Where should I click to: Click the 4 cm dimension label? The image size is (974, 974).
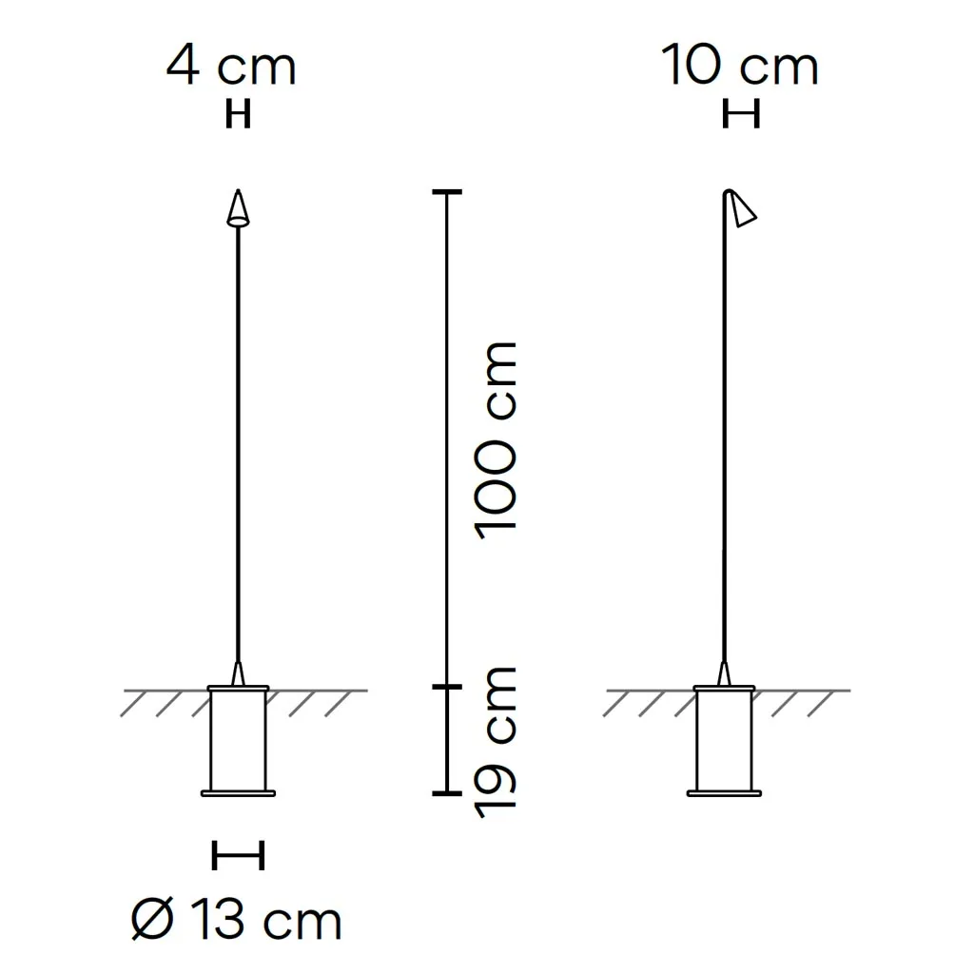click(231, 66)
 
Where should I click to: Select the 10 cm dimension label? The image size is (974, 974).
click(739, 66)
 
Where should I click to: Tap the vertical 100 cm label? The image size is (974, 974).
click(495, 440)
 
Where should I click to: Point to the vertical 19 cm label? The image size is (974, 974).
click(495, 742)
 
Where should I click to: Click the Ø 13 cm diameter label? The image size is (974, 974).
click(237, 920)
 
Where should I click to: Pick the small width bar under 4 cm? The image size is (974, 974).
click(238, 115)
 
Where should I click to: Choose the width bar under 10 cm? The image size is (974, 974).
click(741, 115)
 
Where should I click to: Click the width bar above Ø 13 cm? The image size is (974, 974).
click(239, 855)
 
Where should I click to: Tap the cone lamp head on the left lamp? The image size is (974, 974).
click(238, 208)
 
